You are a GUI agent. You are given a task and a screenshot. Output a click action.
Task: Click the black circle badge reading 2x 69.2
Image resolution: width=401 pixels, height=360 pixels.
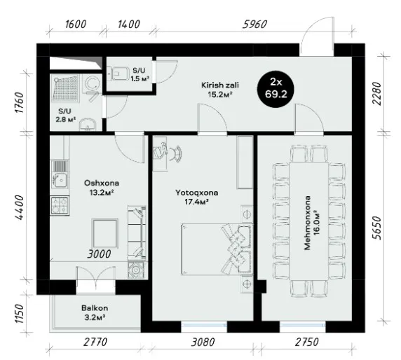point(276,89)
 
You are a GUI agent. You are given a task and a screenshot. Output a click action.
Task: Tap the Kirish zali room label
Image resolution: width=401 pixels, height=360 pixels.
point(220,85)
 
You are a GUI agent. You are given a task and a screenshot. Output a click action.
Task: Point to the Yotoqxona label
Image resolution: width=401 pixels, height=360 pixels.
point(197,193)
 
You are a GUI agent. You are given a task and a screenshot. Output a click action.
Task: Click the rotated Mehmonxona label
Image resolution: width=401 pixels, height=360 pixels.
point(307,223)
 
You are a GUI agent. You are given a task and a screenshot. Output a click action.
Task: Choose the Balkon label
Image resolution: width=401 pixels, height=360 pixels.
point(95,308)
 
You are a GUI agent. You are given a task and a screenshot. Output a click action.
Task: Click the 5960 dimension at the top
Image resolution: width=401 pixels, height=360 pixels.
point(254,25)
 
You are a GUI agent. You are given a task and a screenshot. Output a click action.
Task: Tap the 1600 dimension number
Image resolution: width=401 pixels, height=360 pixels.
point(76,25)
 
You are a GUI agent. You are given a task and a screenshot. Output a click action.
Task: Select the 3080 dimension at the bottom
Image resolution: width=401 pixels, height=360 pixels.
point(203,342)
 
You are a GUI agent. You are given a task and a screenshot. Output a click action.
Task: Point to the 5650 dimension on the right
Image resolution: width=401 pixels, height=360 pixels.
point(377,228)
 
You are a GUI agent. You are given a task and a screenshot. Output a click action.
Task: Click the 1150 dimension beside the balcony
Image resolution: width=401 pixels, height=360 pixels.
point(19,314)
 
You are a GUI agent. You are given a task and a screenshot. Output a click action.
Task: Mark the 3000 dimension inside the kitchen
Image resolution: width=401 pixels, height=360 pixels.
point(99,254)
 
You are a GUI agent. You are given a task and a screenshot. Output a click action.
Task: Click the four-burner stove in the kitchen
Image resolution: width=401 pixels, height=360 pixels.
point(60,206)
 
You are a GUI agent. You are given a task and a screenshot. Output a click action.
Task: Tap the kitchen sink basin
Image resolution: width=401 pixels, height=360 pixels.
point(60,179)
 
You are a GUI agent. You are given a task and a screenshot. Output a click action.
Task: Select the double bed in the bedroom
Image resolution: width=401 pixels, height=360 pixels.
point(217,249)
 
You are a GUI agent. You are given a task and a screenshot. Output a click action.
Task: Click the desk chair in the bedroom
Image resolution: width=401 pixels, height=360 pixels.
point(177,153)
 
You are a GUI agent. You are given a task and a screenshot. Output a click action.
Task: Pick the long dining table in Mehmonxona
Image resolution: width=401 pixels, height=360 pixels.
point(309,221)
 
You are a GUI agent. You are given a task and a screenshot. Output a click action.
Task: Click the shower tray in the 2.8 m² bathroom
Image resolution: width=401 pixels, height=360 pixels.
point(65,88)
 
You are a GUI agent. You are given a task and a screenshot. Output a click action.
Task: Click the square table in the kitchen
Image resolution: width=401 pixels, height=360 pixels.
point(105,233)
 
